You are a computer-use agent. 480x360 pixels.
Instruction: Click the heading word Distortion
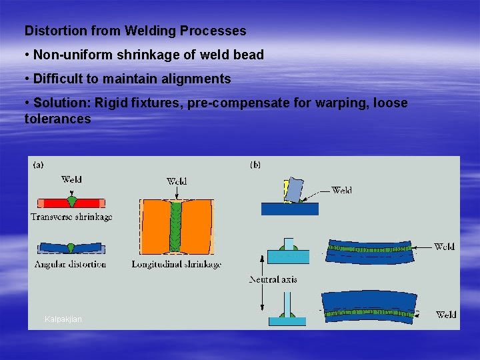point(51,31)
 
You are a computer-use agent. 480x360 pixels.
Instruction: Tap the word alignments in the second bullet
point(197,79)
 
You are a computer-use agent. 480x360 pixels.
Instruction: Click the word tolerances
point(57,119)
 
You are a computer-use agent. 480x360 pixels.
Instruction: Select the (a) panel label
point(39,164)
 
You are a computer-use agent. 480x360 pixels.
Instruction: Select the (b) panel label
point(255,164)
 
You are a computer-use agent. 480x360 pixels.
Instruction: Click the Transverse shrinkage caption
point(71,216)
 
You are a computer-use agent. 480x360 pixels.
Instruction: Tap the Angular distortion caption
point(71,264)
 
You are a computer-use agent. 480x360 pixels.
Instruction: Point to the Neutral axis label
point(273,279)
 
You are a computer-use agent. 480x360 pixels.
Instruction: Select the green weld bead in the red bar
point(71,201)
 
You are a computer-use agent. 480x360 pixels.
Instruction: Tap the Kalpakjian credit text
point(63,319)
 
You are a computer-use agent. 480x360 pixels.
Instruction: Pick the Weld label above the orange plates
point(177,181)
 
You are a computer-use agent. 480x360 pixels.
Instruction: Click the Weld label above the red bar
point(71,179)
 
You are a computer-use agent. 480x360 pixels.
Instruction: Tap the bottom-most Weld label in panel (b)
point(446,314)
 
